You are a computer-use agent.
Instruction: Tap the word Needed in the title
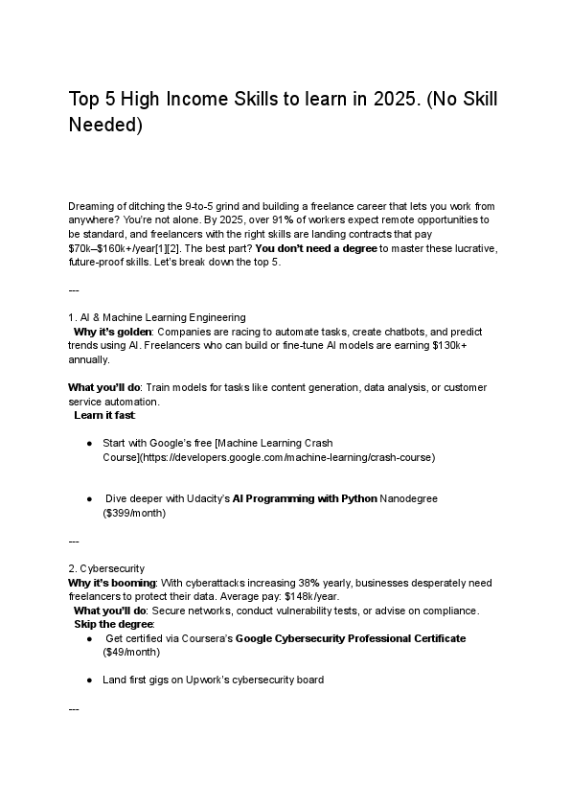pyautogui.click(x=105, y=126)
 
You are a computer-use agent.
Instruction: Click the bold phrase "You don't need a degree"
pyautogui.click(x=316, y=248)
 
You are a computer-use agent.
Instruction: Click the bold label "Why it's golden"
pyautogui.click(x=113, y=331)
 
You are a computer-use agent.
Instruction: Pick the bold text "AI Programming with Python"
pyautogui.click(x=306, y=498)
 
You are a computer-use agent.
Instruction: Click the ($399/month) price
pyautogui.click(x=134, y=513)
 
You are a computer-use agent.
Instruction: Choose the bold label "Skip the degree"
pyautogui.click(x=112, y=624)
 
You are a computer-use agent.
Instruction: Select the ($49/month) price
pyautogui.click(x=131, y=652)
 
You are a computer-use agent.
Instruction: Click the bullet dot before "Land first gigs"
pyautogui.click(x=89, y=680)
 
